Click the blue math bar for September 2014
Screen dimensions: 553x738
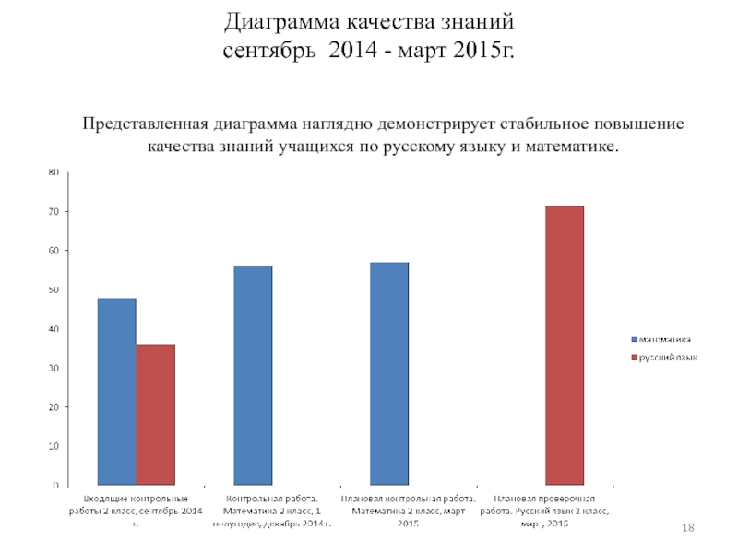coord(116,391)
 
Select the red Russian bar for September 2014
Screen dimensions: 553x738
coord(155,414)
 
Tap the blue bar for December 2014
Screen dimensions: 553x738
coord(253,375)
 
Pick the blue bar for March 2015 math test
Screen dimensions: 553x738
coord(388,373)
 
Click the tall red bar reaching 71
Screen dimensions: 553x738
coord(564,345)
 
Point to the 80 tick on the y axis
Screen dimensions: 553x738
coord(54,172)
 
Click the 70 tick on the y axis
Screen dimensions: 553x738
coord(54,212)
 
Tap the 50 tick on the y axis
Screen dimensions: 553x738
coord(54,289)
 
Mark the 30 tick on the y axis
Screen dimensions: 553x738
coord(54,368)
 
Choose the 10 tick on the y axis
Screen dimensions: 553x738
coord(54,446)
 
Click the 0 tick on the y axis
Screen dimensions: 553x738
coord(55,485)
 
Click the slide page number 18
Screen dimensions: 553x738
coord(686,526)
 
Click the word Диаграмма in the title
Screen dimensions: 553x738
coord(282,21)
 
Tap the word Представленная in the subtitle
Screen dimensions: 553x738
coord(146,124)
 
